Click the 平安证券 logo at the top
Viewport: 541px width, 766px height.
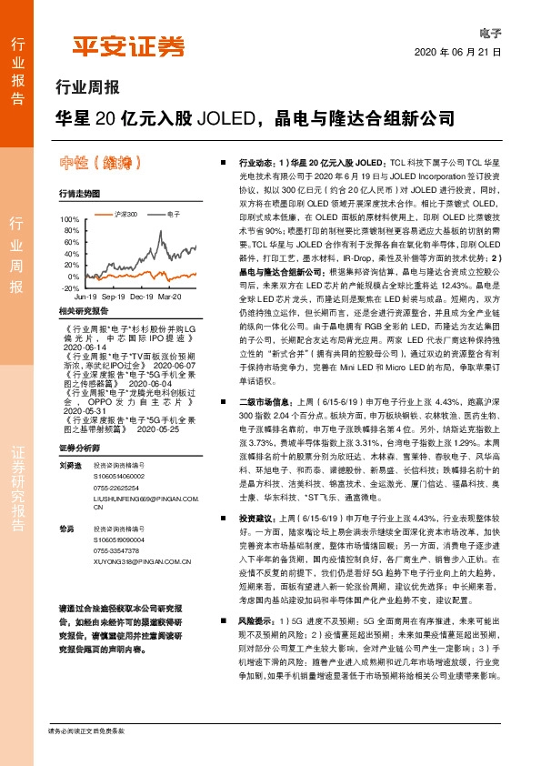(x=128, y=47)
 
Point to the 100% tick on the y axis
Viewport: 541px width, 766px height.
(x=68, y=220)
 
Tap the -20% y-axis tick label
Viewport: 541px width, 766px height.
(x=68, y=287)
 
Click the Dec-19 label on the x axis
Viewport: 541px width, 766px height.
(x=141, y=297)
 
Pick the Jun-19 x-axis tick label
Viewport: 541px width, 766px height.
(x=85, y=297)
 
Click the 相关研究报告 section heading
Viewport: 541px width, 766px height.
(x=84, y=311)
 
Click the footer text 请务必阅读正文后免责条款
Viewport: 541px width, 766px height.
(x=86, y=731)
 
